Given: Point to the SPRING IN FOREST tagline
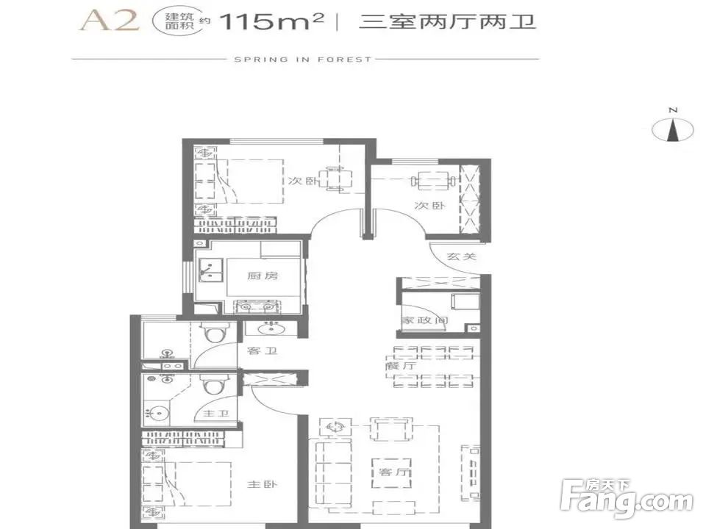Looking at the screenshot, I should pyautogui.click(x=303, y=60).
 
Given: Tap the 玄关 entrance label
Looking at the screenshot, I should pyautogui.click(x=462, y=256).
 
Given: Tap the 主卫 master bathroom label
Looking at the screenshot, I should pyautogui.click(x=211, y=414).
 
